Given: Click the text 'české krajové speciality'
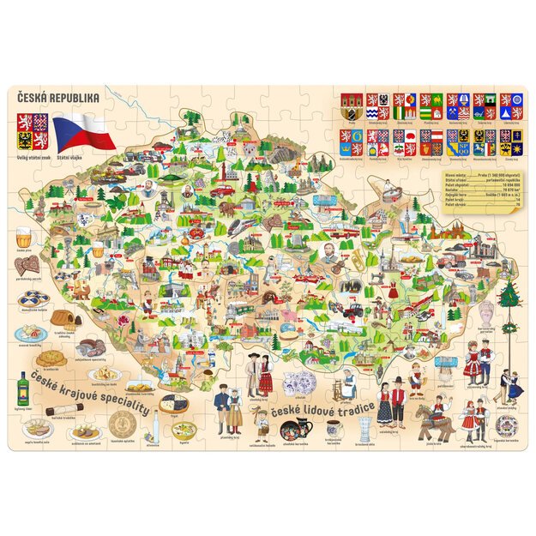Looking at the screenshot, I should (x=90, y=388).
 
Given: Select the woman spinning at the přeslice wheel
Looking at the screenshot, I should (x=347, y=382).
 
